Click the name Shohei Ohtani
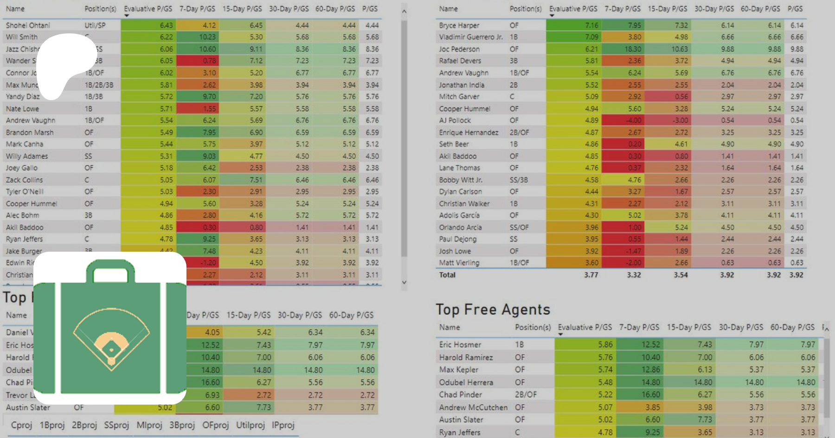point(28,25)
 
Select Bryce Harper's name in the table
point(459,25)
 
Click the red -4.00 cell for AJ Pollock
point(633,121)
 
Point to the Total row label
point(447,275)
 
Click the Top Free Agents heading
point(493,309)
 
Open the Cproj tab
point(21,425)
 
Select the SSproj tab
point(116,425)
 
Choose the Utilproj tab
point(250,425)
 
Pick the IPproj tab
point(283,425)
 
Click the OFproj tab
point(215,425)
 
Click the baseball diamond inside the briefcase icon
point(111,341)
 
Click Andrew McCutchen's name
point(473,407)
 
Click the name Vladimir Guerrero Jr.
point(470,37)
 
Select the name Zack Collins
point(24,180)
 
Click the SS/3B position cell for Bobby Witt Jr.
point(519,180)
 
